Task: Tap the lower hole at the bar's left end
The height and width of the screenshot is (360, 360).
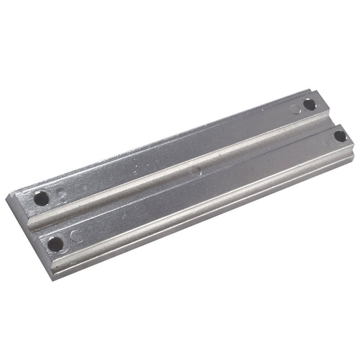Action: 55,242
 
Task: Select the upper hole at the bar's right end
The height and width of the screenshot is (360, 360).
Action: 309,105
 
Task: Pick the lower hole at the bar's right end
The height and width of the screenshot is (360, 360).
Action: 340,136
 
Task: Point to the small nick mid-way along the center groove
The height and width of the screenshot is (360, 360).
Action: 197,172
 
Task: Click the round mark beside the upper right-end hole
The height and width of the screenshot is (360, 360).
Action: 294,108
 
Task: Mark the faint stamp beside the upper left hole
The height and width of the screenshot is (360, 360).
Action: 59,195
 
